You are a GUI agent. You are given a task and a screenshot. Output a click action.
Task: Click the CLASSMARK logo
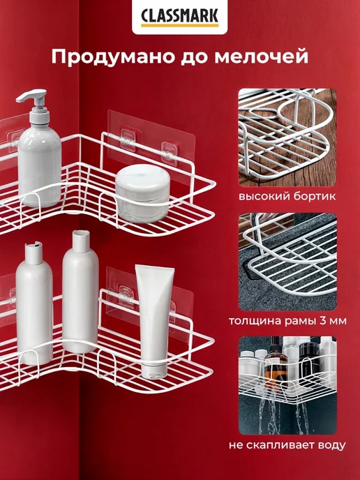(180, 17)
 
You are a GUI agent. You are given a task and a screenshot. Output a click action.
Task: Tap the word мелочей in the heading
(261, 57)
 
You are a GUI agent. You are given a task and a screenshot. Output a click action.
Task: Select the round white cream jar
(142, 193)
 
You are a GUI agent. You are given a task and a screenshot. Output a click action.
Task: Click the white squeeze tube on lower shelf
(155, 322)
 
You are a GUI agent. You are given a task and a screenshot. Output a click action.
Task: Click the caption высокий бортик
(287, 196)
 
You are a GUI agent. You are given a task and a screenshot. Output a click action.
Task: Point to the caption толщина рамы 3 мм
(287, 321)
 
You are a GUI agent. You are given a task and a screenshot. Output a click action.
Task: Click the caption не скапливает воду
(287, 445)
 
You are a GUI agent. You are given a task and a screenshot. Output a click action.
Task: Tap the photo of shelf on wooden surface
(287, 137)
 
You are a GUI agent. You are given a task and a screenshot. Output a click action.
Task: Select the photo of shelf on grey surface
(287, 262)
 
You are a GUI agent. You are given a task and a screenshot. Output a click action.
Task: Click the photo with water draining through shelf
(287, 385)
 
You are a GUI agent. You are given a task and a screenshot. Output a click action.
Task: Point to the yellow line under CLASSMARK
(180, 25)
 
